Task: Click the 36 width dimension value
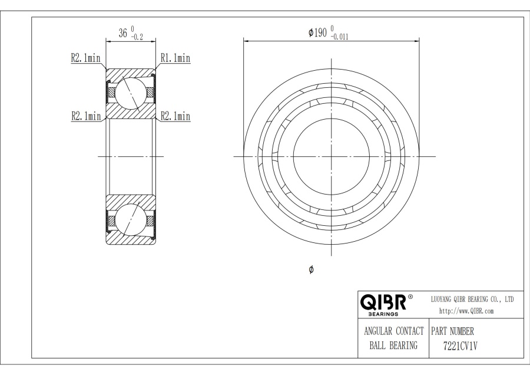click(122, 33)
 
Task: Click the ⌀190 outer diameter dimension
click(318, 32)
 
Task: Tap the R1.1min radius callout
click(175, 58)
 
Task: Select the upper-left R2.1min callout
click(85, 58)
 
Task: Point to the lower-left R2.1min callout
click(86, 116)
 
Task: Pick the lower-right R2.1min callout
click(175, 116)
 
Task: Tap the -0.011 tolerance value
click(339, 37)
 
